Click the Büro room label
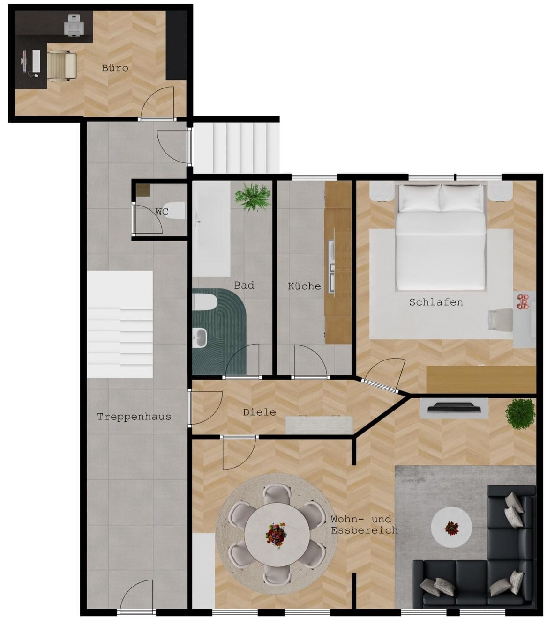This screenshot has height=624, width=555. (115, 68)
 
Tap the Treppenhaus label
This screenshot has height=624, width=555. (134, 417)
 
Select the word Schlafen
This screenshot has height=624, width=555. (436, 302)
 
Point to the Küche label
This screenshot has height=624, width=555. (304, 286)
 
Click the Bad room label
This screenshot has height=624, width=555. (244, 285)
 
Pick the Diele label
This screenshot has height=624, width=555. (259, 412)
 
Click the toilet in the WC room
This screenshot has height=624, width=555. (174, 210)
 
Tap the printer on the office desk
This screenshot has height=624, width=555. (74, 25)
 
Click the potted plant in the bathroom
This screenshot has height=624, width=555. (253, 197)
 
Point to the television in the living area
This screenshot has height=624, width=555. (454, 407)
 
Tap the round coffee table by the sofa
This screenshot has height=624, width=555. (451, 527)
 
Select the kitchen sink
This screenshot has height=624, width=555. (332, 267)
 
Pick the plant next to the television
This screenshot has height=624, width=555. (520, 413)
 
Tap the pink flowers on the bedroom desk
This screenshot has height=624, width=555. (523, 301)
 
